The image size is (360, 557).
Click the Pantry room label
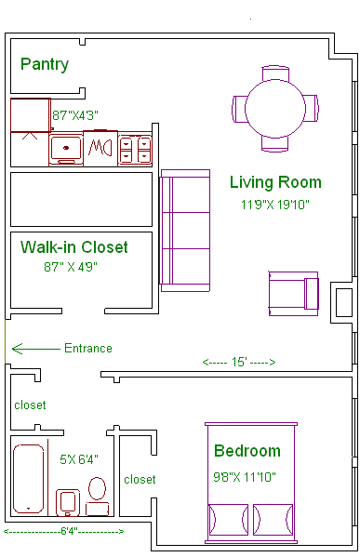coord(45,65)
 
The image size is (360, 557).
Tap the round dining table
coord(275,109)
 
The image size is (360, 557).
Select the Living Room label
coord(275,182)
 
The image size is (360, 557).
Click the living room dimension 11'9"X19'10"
coord(275,205)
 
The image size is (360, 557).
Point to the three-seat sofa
coord(185,231)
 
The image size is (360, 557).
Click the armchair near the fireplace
coord(294,294)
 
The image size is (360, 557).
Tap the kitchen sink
coord(66,149)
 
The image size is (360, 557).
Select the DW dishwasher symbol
coord(100,148)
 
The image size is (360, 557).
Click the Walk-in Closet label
coord(73,247)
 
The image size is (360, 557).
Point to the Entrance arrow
coord(36,349)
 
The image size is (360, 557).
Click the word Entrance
coord(88,348)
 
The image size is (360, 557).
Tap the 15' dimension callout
coord(239,362)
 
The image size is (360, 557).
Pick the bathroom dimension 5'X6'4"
coord(79,459)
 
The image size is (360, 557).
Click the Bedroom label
coord(247,451)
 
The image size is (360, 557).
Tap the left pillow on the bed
coord(228,520)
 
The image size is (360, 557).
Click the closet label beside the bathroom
coord(140,480)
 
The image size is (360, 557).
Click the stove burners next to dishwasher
coord(135,150)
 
